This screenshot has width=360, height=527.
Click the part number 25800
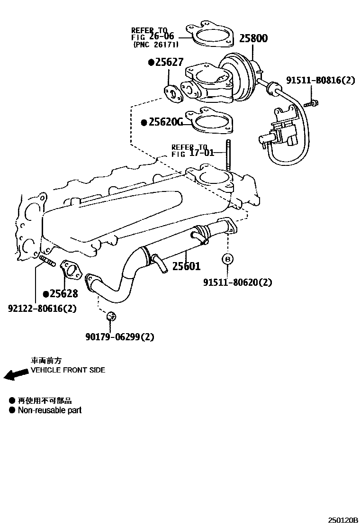(x=253, y=38)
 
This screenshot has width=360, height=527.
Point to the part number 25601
(x=186, y=266)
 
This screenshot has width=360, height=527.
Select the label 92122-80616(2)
(x=42, y=309)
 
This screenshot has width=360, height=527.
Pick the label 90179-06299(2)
(x=120, y=337)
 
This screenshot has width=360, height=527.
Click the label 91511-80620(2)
(x=238, y=282)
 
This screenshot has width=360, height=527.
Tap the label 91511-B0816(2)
(x=320, y=80)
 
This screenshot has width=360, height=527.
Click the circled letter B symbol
(x=228, y=259)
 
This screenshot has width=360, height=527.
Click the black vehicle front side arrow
(x=15, y=375)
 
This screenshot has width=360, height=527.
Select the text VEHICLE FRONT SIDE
(x=68, y=370)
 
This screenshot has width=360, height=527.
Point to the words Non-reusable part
(x=50, y=410)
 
